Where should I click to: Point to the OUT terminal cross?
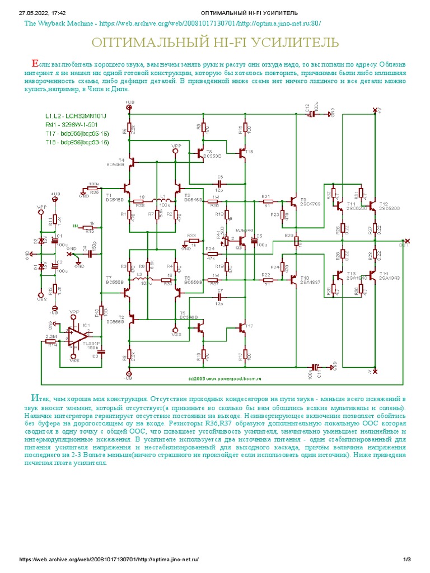coord(407,241)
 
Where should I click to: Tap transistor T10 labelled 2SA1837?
coord(294,279)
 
